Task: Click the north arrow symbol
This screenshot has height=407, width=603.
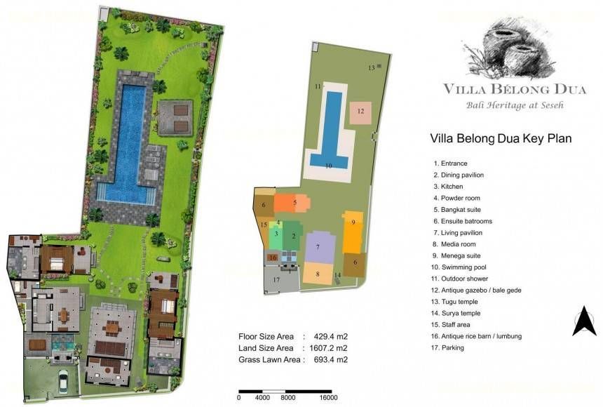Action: pos(584,321)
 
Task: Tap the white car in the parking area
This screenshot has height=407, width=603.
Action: pos(62,382)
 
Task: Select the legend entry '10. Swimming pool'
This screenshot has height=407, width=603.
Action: pos(459,267)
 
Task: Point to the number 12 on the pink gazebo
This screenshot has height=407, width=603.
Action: pos(360,112)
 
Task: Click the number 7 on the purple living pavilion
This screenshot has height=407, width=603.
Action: pos(318,247)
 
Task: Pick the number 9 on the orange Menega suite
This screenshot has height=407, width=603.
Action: pos(353,222)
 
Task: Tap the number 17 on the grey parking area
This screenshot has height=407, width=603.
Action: pos(276,280)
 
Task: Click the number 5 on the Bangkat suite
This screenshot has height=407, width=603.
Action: pos(295,202)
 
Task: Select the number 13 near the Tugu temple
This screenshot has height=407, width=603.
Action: pos(372,68)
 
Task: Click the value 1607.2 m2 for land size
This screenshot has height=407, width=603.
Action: pos(328,348)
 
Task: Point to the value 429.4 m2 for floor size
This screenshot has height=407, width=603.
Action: pos(331,337)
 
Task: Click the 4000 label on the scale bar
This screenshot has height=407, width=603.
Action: pos(262,398)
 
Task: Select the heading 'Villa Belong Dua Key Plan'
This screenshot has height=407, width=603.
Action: pos(501,139)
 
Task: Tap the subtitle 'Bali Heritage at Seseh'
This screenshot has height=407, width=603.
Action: pos(515,105)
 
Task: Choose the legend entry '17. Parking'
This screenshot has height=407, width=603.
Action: pos(447,347)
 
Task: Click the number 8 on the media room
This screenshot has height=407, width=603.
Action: pos(318,274)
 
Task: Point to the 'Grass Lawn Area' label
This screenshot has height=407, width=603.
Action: pos(269,360)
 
